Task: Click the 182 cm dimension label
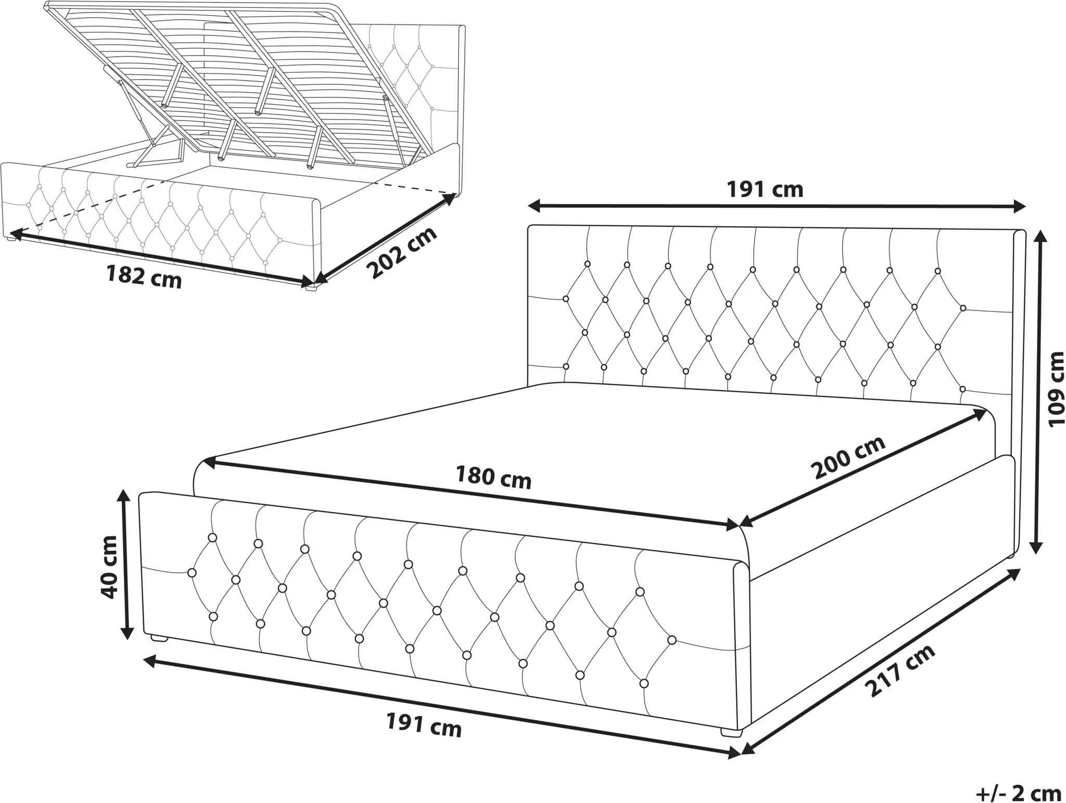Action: (144, 276)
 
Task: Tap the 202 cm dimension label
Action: (401, 253)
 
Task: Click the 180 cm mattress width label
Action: (493, 477)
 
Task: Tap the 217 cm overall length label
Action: (899, 670)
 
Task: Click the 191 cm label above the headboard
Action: (765, 189)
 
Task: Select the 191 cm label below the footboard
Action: (424, 725)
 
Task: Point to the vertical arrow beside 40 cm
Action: (125, 564)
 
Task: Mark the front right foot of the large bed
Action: (731, 732)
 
